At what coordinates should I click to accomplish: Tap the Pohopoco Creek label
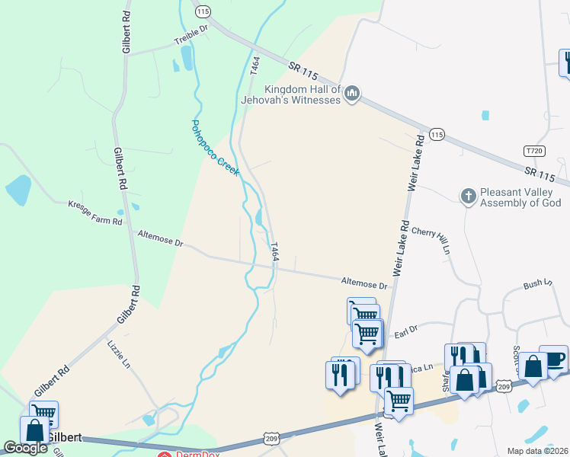tap(214, 148)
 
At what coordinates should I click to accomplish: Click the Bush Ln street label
tap(537, 284)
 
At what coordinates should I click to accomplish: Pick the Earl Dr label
tap(406, 330)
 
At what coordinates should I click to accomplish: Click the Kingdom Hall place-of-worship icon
tap(351, 94)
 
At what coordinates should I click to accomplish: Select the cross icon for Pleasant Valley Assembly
tap(469, 196)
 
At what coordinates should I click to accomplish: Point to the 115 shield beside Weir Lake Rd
tap(436, 134)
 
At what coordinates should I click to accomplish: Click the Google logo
tap(25, 448)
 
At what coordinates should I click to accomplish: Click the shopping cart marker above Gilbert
tap(44, 414)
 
